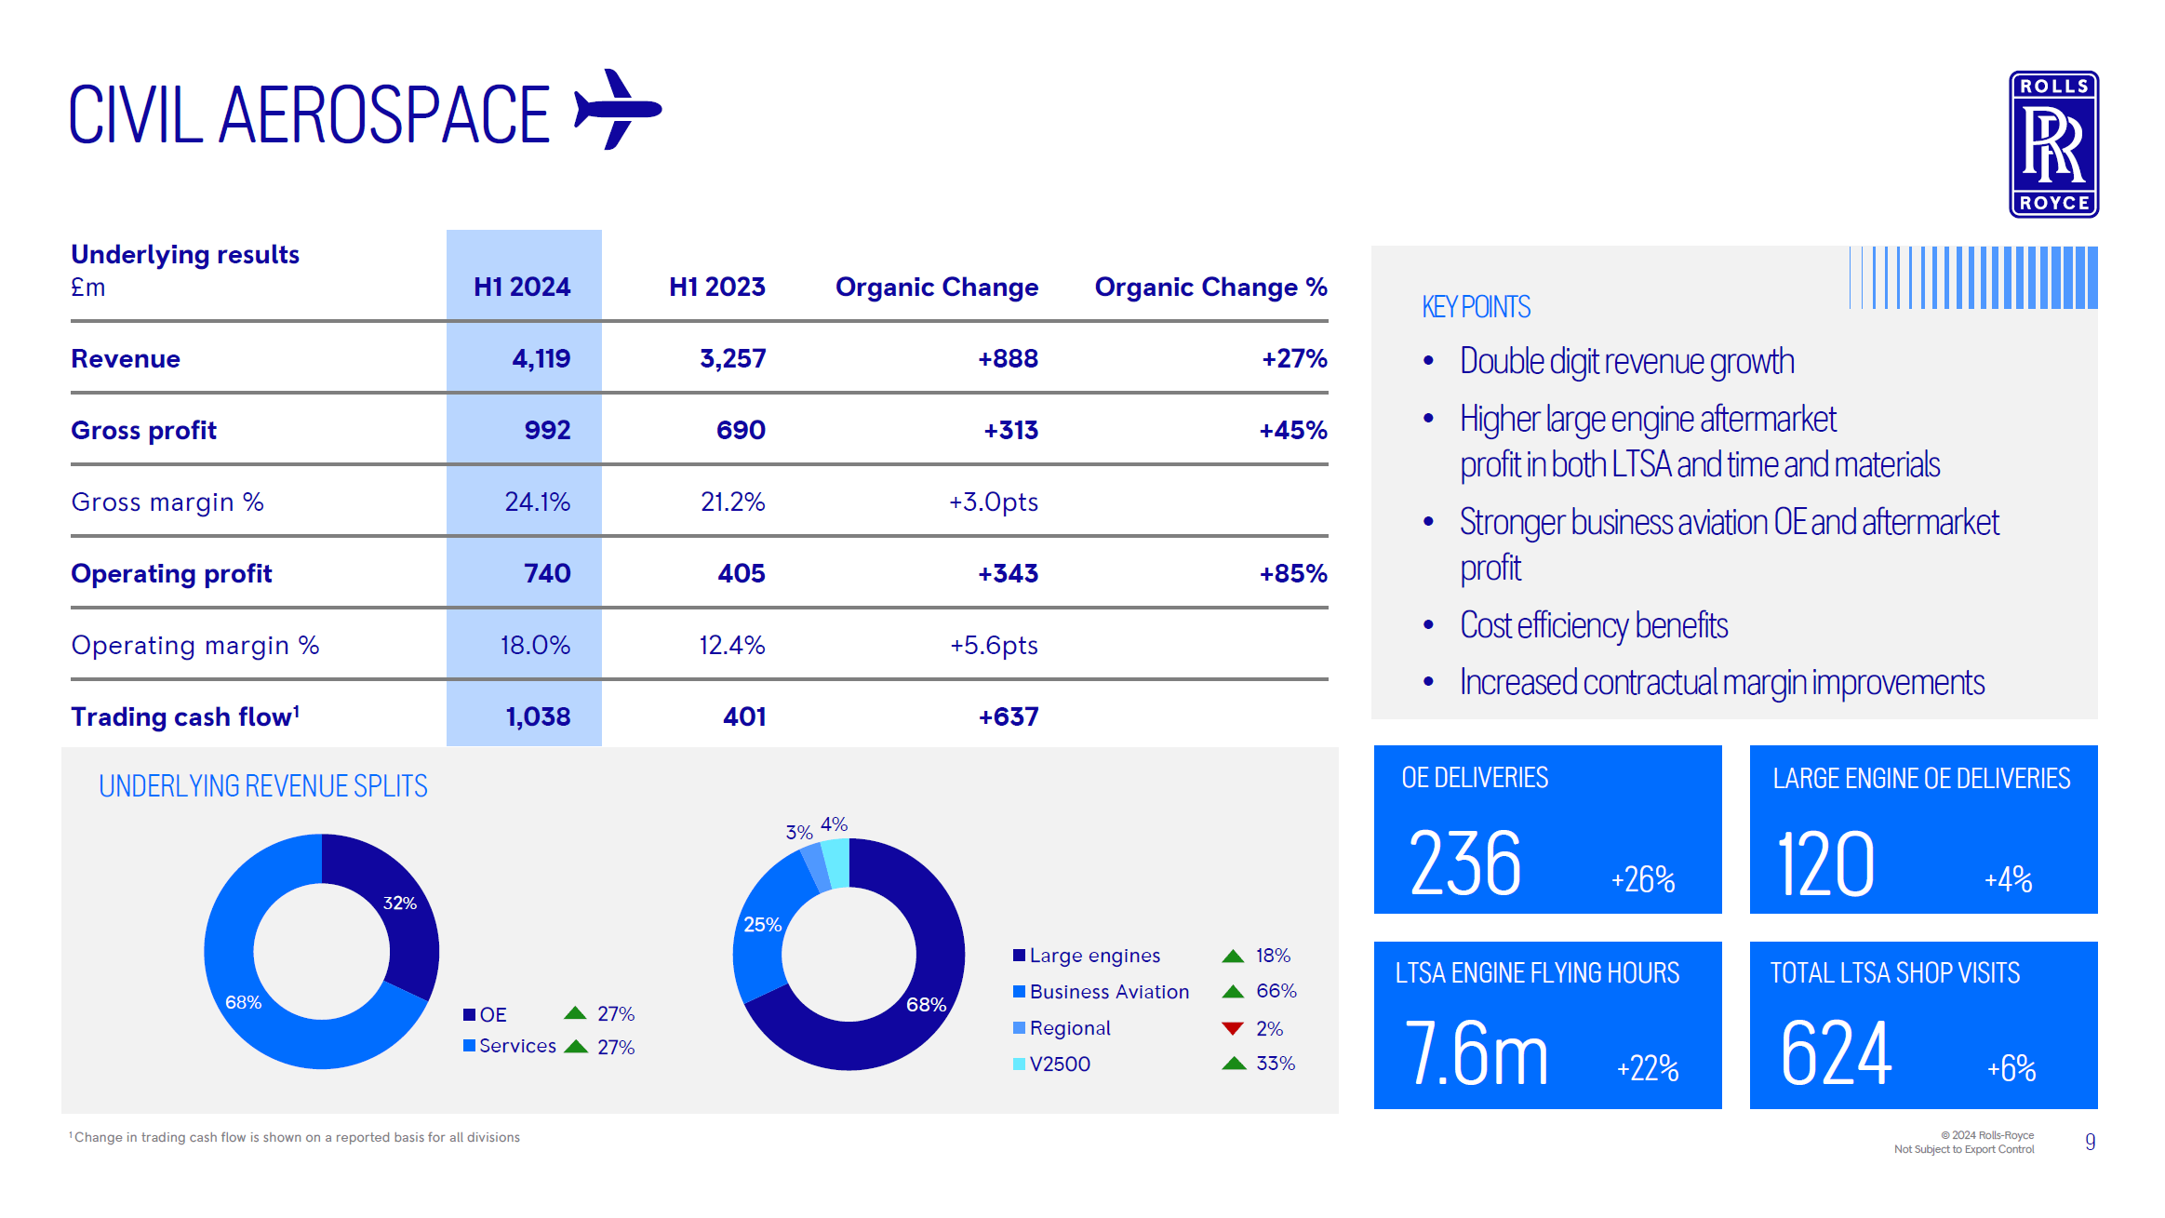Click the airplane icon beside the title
(x=618, y=110)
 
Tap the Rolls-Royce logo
(x=2052, y=144)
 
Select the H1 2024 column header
(x=522, y=287)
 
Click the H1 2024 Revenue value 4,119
(x=541, y=358)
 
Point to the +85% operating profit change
(x=1292, y=573)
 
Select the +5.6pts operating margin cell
(x=993, y=645)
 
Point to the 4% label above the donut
(x=834, y=824)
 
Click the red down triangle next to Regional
(x=1232, y=1028)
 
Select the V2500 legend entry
(x=1059, y=1064)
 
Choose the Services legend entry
(x=516, y=1046)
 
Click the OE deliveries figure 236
(x=1464, y=864)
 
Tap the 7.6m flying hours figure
(x=1476, y=1053)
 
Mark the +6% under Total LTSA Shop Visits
(x=2011, y=1068)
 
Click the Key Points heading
(x=1476, y=307)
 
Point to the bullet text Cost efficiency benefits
(x=1593, y=625)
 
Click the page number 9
(x=2090, y=1142)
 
